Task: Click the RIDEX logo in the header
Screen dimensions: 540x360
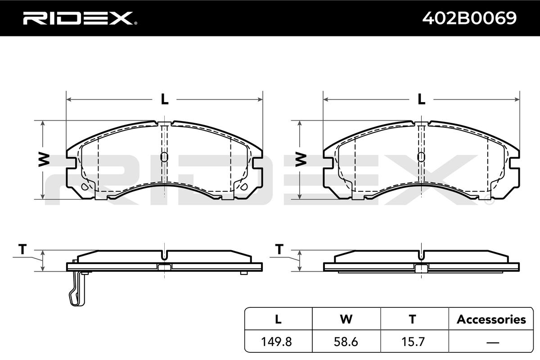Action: (80, 18)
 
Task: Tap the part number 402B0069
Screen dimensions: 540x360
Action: (469, 18)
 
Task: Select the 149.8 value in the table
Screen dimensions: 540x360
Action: (276, 342)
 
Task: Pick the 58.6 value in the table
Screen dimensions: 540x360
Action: (346, 342)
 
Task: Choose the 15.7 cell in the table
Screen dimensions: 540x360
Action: (413, 342)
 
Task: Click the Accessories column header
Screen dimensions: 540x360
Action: (491, 319)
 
